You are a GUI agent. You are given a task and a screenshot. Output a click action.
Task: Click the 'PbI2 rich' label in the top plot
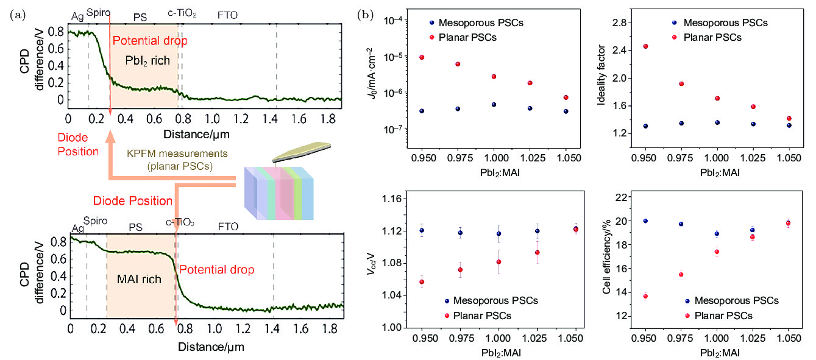(146, 61)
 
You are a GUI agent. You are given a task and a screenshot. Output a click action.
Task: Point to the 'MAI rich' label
(140, 280)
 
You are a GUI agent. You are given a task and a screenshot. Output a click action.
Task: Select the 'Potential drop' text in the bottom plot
(216, 269)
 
